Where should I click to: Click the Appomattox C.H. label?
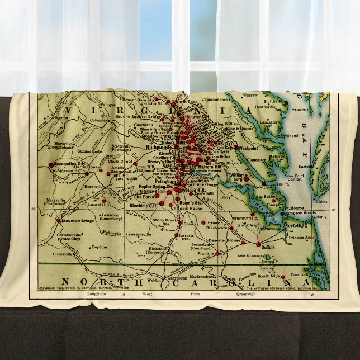click(x=67, y=164)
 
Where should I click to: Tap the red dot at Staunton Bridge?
click(x=58, y=220)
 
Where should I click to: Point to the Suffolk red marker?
click(x=258, y=244)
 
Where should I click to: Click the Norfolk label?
click(x=294, y=225)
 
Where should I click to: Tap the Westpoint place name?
click(x=248, y=148)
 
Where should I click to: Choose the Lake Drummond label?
click(x=249, y=255)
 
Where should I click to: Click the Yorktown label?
click(x=262, y=187)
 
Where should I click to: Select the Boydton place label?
click(x=98, y=247)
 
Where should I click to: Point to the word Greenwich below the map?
click(x=247, y=294)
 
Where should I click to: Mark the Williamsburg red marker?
click(x=247, y=179)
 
